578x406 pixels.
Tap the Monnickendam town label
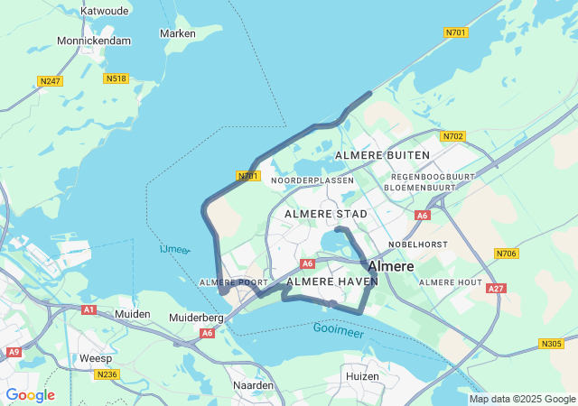point(94,41)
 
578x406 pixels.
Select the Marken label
point(177,33)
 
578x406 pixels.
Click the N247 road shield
point(51,81)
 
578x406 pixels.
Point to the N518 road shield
point(116,78)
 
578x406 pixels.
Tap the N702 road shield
point(452,136)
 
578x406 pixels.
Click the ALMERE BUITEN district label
point(382,155)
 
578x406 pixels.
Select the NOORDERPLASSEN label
point(312,180)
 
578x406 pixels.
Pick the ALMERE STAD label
point(326,214)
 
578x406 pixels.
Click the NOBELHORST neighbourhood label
point(419,245)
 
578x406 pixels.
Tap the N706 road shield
point(507,254)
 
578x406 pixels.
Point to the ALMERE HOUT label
point(451,282)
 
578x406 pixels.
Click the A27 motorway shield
point(495,289)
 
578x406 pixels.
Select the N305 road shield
point(551,343)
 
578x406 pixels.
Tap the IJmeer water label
point(173,249)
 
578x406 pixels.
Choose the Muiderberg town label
point(196,318)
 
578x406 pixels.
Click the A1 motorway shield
point(89,309)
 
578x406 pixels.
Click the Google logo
point(31,395)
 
